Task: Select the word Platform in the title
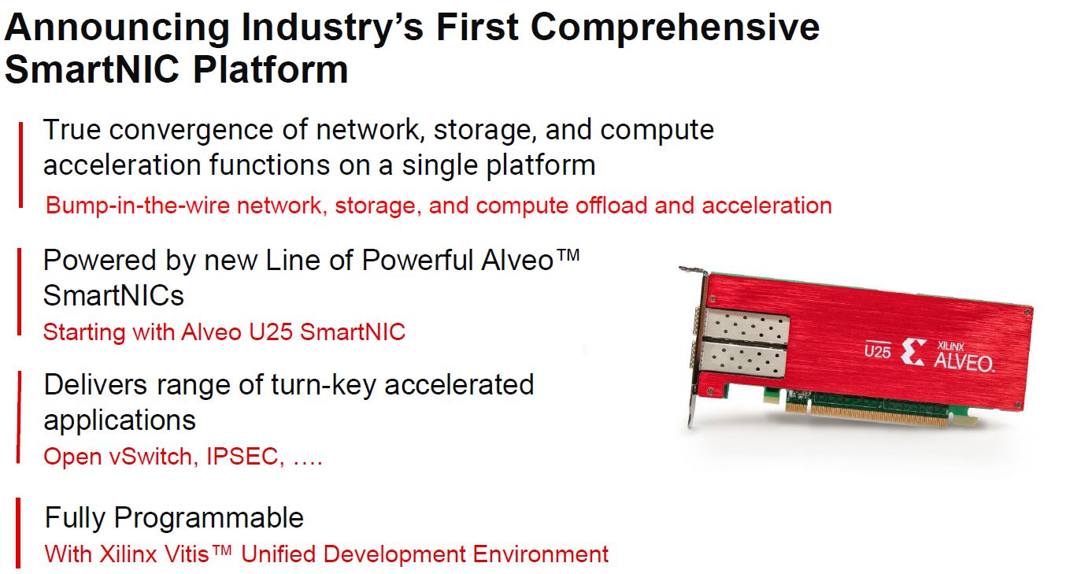point(270,69)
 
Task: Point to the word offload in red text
point(611,206)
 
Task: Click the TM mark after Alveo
point(568,255)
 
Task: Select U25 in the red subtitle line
point(270,331)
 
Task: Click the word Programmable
point(209,518)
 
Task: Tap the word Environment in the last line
point(540,554)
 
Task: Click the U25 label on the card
point(877,350)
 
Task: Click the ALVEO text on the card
point(963,363)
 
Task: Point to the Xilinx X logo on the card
point(913,352)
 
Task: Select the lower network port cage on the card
point(742,360)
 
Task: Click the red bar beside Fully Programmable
point(18,532)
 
